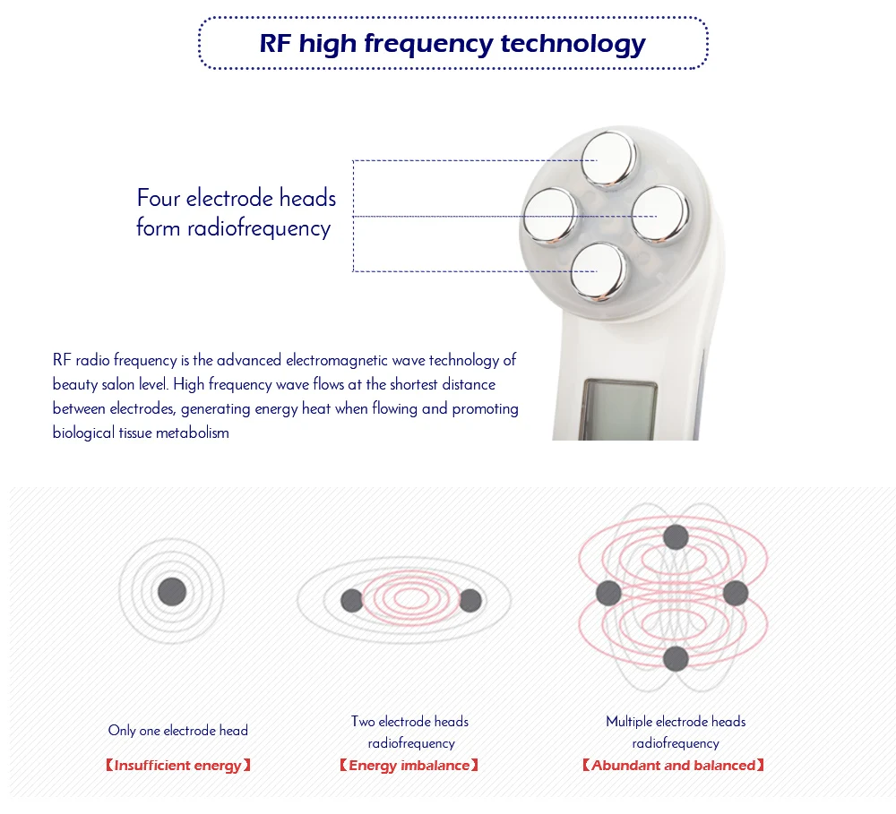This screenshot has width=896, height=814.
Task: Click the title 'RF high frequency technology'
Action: coord(452,43)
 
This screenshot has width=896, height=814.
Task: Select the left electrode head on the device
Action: coord(548,216)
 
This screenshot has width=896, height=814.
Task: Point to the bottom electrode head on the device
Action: coord(598,270)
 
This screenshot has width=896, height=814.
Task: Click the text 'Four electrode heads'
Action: coord(237,198)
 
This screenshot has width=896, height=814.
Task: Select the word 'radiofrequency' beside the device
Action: coord(259,228)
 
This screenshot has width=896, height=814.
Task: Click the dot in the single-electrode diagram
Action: coord(171,592)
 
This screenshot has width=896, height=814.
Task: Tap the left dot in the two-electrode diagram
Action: coord(352,601)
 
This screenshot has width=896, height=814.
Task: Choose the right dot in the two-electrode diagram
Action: coord(470,601)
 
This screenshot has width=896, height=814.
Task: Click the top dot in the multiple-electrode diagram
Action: coord(676,537)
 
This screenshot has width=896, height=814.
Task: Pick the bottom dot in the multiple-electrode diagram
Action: coord(676,660)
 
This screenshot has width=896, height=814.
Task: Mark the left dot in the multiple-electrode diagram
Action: coord(608,593)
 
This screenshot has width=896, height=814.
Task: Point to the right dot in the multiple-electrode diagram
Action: coord(736,593)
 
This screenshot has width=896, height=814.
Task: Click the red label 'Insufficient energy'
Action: coord(177,766)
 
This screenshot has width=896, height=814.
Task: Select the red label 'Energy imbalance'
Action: coord(409,766)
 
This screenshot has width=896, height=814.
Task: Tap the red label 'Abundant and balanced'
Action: coord(673,766)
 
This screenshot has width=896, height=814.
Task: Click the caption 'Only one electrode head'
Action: coord(177,731)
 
